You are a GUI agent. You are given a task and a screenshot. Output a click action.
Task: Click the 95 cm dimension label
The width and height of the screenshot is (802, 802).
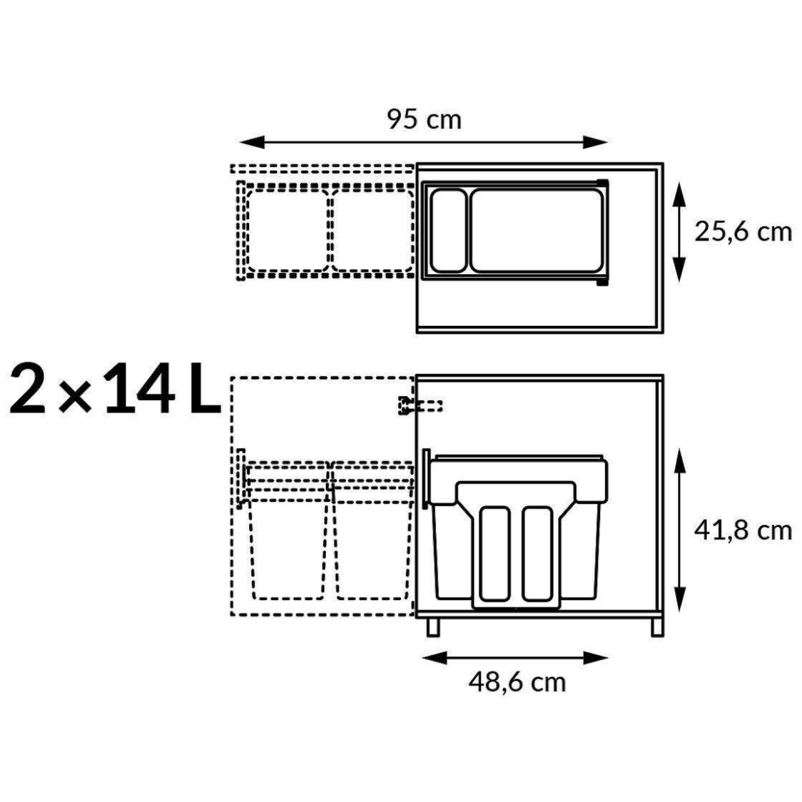(x=424, y=120)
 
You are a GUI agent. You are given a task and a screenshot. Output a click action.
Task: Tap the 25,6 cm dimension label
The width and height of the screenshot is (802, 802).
(x=743, y=232)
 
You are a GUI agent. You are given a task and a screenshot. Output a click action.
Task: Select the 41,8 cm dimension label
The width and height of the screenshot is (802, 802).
(x=743, y=531)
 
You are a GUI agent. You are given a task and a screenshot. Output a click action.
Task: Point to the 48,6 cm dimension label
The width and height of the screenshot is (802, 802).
(x=517, y=682)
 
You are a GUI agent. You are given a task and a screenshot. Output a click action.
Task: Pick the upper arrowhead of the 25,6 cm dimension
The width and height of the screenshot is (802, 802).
(x=679, y=195)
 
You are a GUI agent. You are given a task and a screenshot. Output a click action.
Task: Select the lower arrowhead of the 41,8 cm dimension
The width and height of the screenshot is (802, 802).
(x=679, y=599)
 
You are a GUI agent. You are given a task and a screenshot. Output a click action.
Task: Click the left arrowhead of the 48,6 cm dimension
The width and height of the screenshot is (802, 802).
(x=434, y=657)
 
